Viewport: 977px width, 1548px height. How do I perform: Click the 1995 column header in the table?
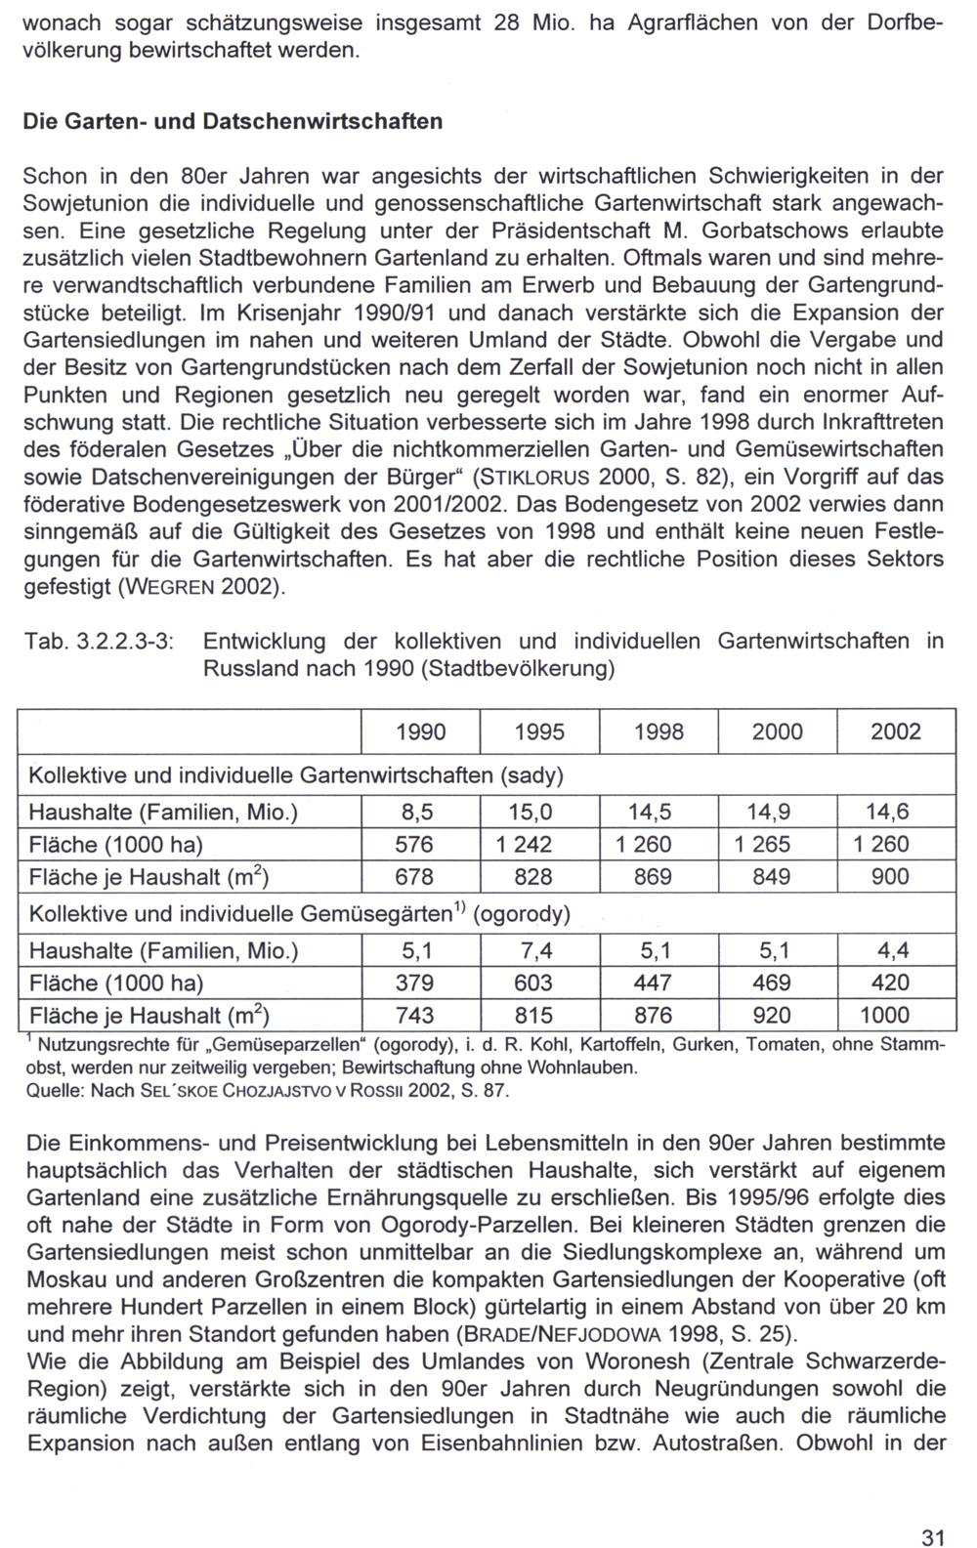(x=539, y=732)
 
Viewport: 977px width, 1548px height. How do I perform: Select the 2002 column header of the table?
(x=896, y=732)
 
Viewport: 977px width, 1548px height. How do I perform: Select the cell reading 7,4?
(x=538, y=950)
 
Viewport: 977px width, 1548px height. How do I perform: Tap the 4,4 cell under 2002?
(x=895, y=950)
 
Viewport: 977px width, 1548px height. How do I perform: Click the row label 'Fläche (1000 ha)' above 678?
(x=116, y=845)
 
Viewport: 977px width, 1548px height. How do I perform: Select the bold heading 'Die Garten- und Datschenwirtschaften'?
(x=233, y=122)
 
